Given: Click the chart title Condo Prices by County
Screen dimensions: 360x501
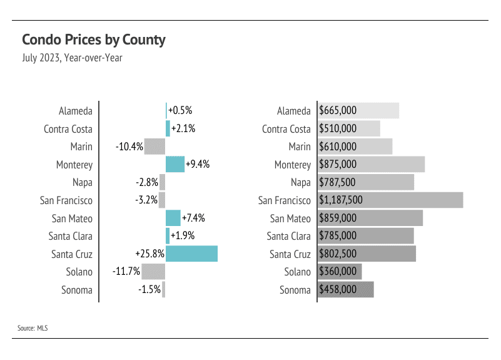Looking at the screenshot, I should (94, 40).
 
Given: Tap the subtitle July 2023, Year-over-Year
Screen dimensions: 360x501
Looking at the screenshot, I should (72, 58).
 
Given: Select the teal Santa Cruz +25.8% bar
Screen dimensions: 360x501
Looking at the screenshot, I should (191, 254).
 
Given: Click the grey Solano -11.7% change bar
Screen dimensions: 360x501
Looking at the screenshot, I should (153, 272).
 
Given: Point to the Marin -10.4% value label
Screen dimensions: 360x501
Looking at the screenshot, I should (129, 147).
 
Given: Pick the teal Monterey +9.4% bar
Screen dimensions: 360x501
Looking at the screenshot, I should (175, 165).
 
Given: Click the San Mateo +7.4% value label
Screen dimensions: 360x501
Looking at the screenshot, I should (193, 219).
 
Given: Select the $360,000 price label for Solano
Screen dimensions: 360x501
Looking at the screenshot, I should (338, 272).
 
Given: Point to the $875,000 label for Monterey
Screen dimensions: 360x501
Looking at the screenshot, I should (338, 165).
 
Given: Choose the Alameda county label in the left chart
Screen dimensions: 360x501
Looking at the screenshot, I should (76, 111).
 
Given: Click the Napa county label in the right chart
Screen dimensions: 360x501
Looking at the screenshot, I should (300, 183).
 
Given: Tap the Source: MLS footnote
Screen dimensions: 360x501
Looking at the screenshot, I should (33, 327).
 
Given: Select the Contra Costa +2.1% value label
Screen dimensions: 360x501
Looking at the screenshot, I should (183, 129).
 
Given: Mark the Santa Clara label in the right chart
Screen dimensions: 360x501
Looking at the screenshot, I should (288, 236).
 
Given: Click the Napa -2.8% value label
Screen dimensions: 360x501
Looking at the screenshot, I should (146, 183).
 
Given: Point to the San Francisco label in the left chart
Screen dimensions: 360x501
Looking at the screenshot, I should (66, 200).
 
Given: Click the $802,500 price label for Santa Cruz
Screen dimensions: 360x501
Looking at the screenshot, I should (338, 254).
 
